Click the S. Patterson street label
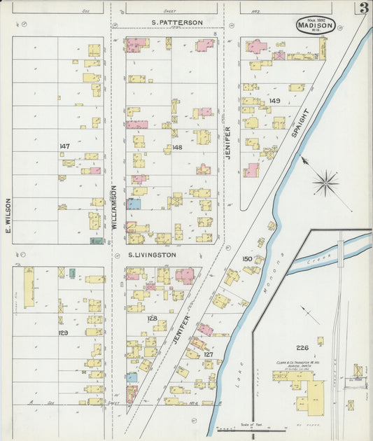(177, 22)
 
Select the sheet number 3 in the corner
(364, 9)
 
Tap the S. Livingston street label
(152, 255)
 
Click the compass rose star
(325, 184)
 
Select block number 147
(65, 146)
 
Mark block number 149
(274, 101)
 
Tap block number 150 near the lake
(247, 259)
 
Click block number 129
(63, 332)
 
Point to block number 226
(302, 348)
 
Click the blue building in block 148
(134, 204)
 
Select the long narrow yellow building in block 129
(29, 287)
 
